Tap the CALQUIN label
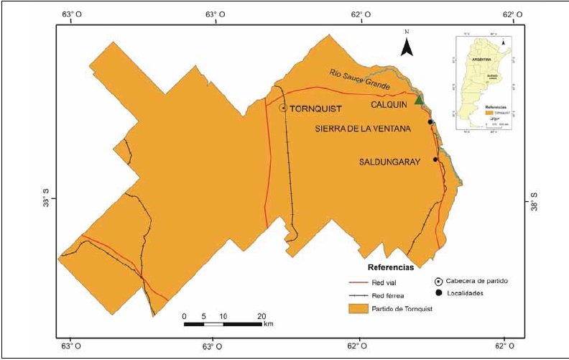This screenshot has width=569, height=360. coord(389,105)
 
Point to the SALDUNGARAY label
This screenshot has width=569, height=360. coord(388,163)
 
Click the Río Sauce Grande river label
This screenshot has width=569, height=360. coord(360,79)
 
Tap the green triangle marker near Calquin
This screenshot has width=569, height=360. coord(420,100)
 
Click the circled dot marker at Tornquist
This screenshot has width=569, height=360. coord(283,108)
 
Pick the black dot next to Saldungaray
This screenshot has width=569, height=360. coord(435,160)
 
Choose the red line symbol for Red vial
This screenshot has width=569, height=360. coord(358,282)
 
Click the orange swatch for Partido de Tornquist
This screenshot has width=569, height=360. coord(358,309)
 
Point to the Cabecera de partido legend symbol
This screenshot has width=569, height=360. coord(438,281)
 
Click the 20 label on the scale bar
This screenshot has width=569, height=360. coord(262,316)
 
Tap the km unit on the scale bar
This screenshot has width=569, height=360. coord(268,325)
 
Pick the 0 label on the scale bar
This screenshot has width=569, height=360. coord(185,316)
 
